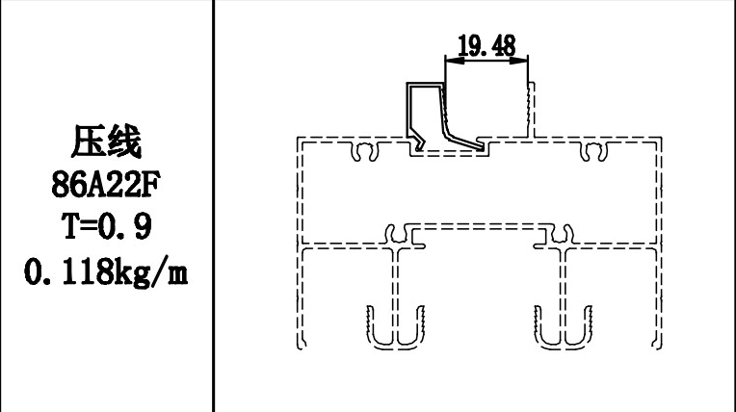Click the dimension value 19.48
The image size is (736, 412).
coord(486,44)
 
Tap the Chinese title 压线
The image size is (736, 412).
coord(106,142)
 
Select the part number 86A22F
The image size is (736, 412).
coord(106,186)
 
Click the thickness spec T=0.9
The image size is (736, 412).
coord(106,229)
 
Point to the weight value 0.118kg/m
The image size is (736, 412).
coord(106,273)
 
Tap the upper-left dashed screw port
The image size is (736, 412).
coord(366,151)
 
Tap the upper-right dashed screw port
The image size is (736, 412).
coord(592,151)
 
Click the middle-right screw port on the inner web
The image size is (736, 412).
coord(559,234)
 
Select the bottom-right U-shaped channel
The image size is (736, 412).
coord(564,326)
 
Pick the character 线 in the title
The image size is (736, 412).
coord(125,142)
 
